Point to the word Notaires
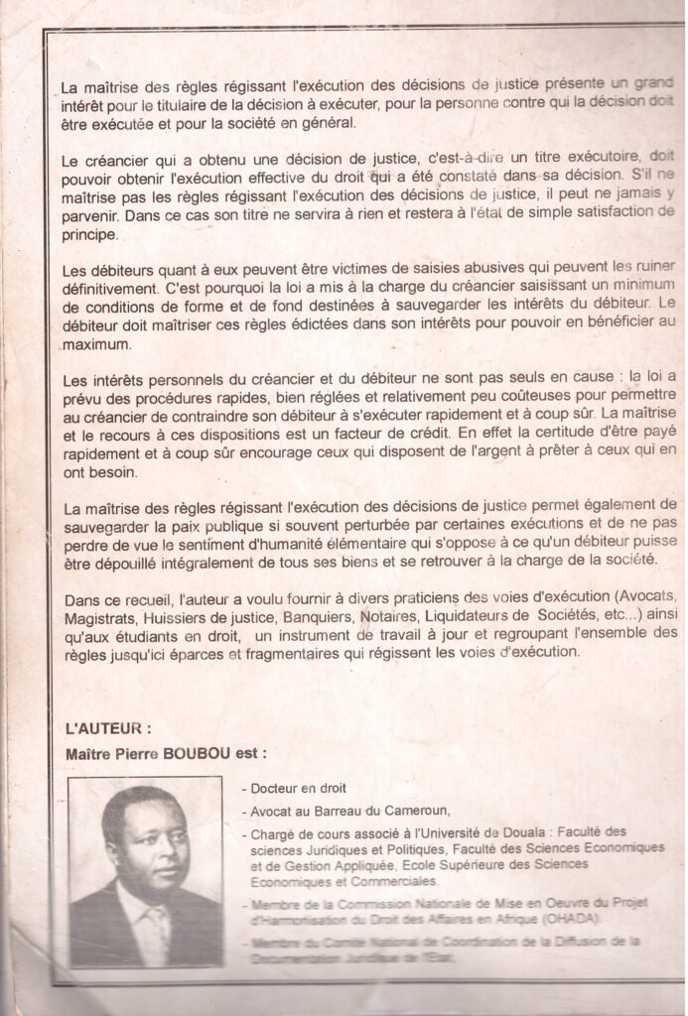tap(387, 618)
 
